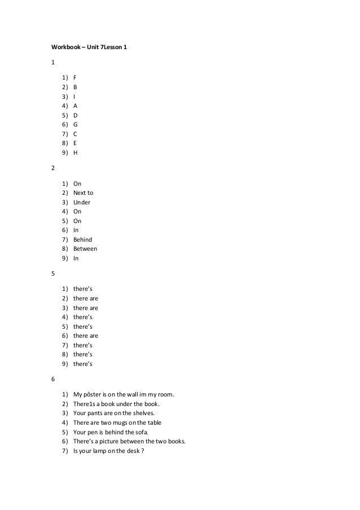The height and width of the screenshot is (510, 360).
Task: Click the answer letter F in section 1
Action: click(x=75, y=78)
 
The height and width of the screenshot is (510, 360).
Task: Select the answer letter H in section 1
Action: click(x=76, y=152)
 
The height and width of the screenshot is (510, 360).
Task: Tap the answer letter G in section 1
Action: click(x=76, y=124)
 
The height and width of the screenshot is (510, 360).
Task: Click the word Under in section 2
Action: click(x=82, y=202)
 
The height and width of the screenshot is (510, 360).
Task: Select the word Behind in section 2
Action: click(x=83, y=239)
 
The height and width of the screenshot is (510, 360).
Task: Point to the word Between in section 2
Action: click(x=85, y=249)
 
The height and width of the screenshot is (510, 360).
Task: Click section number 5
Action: click(x=52, y=274)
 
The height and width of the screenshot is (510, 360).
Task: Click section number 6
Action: click(x=52, y=380)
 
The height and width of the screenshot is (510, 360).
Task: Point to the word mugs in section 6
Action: click(x=121, y=422)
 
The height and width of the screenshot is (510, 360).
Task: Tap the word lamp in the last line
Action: click(x=99, y=450)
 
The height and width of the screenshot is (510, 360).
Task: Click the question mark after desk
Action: click(x=143, y=450)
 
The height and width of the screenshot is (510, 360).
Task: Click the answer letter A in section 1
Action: click(x=76, y=106)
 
